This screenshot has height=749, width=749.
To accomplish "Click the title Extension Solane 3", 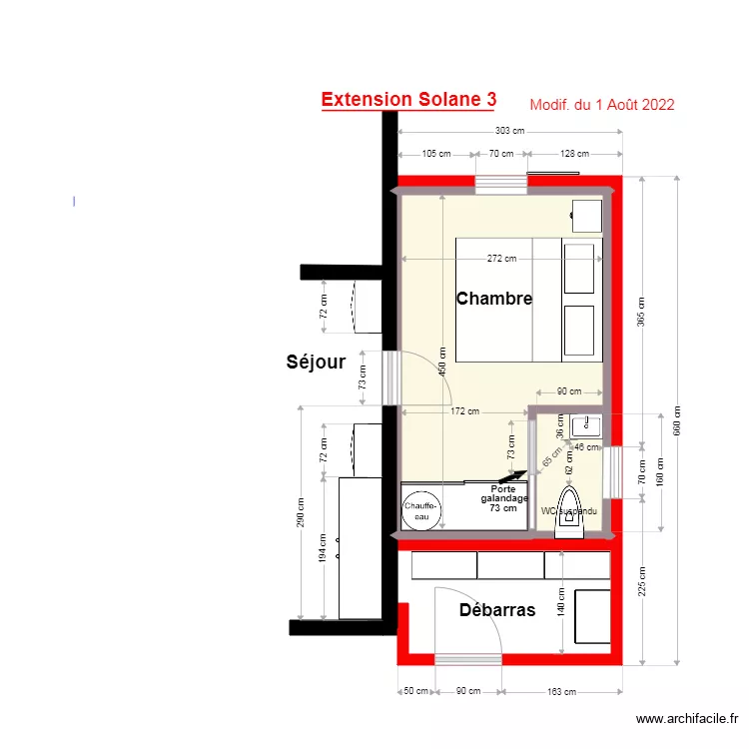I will click(x=408, y=100).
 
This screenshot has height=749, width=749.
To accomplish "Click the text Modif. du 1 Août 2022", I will click(x=601, y=105).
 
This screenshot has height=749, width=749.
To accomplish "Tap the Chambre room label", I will click(x=494, y=298).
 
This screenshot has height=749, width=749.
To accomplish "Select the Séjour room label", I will click(x=316, y=363).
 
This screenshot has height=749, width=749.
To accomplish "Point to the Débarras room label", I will click(x=497, y=610).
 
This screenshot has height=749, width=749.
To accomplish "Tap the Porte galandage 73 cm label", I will click(x=503, y=497).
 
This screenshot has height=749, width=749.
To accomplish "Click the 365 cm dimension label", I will click(x=641, y=313).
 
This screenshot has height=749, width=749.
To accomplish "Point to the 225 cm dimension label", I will click(x=641, y=581).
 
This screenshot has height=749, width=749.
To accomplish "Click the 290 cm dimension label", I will click(x=301, y=512).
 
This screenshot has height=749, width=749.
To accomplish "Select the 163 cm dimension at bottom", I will click(x=561, y=691).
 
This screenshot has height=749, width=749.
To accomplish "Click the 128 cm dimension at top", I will click(x=574, y=154).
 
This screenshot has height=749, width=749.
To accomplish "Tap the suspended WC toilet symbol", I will click(x=570, y=509).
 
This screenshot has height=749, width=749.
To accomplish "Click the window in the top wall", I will click(x=501, y=184).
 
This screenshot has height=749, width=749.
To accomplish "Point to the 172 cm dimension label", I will click(x=465, y=411).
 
